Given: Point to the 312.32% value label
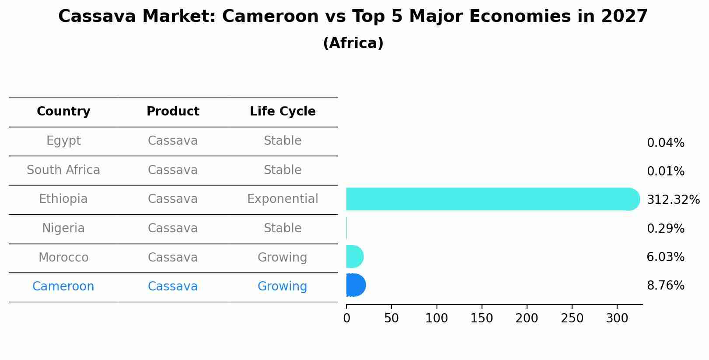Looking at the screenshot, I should click(673, 200).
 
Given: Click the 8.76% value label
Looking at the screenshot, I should click(665, 286).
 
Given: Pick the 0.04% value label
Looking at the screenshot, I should click(665, 143).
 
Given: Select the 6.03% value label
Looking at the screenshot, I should click(665, 257).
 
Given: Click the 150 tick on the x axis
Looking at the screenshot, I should click(482, 318).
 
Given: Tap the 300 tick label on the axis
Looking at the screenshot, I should click(617, 318).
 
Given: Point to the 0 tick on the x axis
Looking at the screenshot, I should click(347, 318).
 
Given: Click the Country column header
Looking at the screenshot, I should click(63, 112).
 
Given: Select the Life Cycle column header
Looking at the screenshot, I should click(283, 112).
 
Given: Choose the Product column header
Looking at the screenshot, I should click(173, 112).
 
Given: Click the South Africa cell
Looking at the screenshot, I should click(63, 170).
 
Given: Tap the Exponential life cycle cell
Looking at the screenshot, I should click(283, 199).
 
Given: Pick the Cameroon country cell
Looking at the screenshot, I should click(63, 287).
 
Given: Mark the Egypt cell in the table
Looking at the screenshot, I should click(63, 141).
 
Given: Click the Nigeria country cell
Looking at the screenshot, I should click(63, 228).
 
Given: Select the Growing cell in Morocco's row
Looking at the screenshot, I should click(283, 258).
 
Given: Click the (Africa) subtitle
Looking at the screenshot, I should click(353, 43).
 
